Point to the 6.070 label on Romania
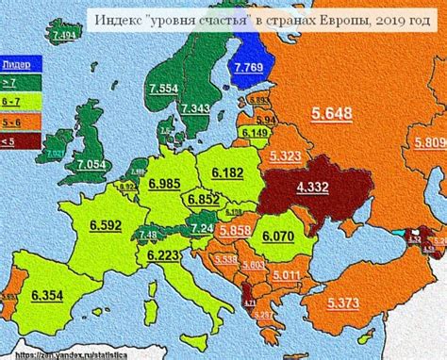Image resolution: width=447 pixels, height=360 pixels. click(279, 235)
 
